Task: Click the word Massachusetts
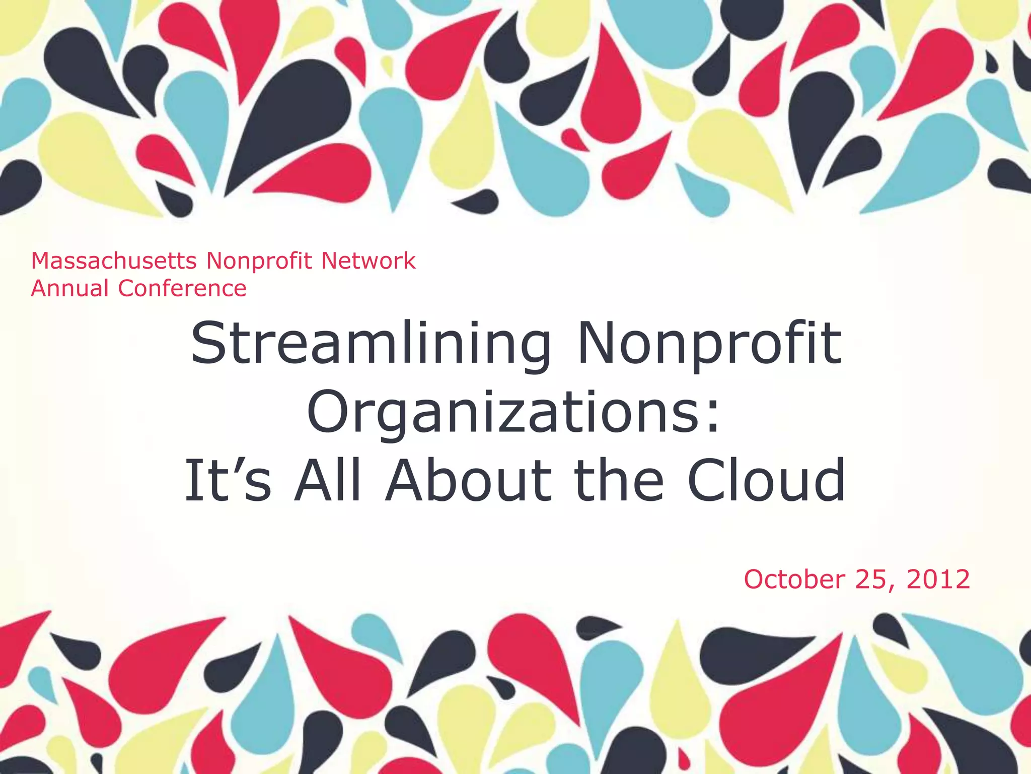point(114,261)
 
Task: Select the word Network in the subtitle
point(368,261)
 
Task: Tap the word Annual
point(70,289)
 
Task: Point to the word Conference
point(182,289)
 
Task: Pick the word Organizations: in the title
point(514,412)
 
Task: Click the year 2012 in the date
point(938,579)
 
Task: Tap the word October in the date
point(794,579)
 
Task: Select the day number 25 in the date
point(870,579)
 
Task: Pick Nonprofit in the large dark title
point(709,345)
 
